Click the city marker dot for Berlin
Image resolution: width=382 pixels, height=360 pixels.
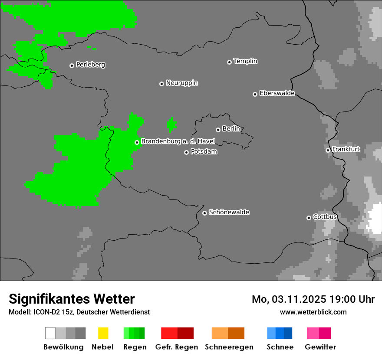[218, 130]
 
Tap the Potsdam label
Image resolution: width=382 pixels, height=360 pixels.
[204, 152]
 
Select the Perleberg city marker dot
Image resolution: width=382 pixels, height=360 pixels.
[72, 65]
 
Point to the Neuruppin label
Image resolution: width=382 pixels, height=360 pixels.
[181, 83]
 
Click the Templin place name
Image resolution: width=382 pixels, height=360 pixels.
[245, 61]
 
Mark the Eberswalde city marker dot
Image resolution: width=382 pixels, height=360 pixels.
[255, 94]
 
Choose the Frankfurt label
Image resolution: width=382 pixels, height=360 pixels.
[346, 149]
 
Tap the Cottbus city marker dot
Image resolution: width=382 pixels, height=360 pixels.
[309, 218]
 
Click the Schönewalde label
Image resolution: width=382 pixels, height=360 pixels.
[229, 212]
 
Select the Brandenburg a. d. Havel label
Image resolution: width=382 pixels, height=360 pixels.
[178, 141]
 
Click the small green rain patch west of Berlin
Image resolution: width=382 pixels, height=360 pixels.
[172, 125]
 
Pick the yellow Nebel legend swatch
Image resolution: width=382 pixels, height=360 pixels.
[103, 333]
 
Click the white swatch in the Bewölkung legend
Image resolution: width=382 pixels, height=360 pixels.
[50, 333]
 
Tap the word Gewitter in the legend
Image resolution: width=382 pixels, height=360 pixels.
[320, 347]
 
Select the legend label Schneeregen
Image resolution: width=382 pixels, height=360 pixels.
[229, 347]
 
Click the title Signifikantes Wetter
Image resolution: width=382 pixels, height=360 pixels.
[72, 299]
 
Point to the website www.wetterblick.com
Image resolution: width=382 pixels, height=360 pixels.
[313, 312]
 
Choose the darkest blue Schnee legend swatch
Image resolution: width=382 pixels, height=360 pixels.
[288, 333]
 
